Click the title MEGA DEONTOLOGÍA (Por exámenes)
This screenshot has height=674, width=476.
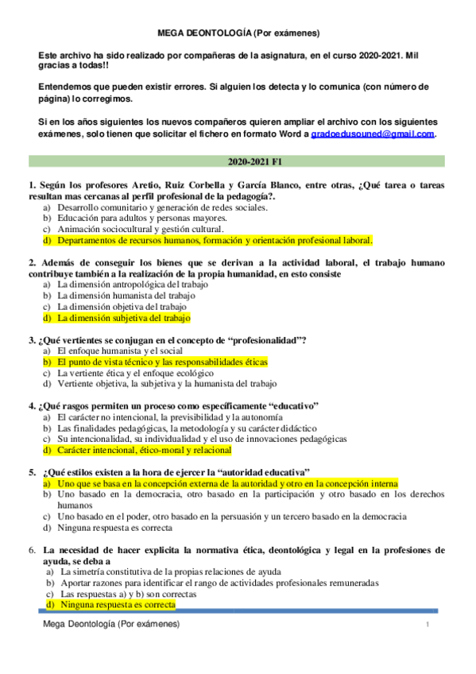(238, 33)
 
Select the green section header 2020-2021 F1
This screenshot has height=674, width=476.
(238, 161)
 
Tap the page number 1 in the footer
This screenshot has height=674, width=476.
(427, 626)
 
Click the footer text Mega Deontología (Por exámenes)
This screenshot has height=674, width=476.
(112, 626)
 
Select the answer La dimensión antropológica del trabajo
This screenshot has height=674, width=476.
(133, 284)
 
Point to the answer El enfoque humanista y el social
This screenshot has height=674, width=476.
(120, 351)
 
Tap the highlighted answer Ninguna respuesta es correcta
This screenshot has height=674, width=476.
(118, 605)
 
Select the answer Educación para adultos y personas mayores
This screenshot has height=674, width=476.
(142, 218)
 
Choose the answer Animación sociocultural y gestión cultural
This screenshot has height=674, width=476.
(146, 229)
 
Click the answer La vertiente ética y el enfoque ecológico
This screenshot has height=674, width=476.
(135, 373)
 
